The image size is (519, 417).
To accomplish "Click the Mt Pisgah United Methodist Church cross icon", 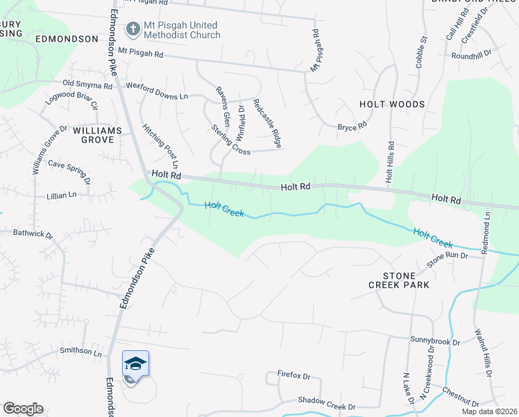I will (x=133, y=28).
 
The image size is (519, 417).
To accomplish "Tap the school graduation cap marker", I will (x=136, y=363).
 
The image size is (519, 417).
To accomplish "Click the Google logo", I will (x=23, y=409).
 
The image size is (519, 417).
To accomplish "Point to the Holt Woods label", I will (x=392, y=104).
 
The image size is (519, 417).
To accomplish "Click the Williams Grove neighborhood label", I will (x=97, y=135).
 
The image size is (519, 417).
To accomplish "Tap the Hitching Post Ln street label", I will (x=161, y=147).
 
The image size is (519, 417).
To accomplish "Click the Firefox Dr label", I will (x=293, y=375).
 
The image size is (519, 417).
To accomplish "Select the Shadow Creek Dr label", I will (x=326, y=400).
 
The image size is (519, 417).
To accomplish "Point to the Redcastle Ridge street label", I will (x=267, y=123).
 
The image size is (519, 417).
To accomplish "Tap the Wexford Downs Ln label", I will (x=157, y=91).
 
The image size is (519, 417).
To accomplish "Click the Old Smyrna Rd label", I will (x=87, y=84).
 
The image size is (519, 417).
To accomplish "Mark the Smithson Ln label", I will (x=80, y=352).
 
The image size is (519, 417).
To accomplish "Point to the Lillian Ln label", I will (x=62, y=196).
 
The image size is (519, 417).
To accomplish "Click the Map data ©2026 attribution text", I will (x=490, y=411).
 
